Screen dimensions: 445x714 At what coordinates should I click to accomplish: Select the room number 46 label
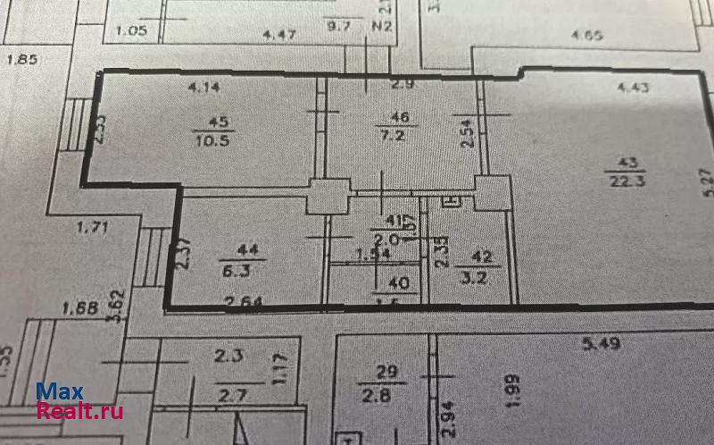[x=400, y=117]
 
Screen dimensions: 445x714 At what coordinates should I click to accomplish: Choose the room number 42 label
[x=483, y=256]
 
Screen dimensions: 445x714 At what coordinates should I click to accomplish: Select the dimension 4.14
[x=203, y=88]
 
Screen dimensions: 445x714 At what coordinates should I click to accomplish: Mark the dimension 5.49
[x=601, y=343]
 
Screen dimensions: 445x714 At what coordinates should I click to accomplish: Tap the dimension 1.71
[x=92, y=228]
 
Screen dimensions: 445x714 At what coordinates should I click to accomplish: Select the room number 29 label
[x=385, y=371]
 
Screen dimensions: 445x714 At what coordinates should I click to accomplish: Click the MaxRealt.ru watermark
[x=79, y=402]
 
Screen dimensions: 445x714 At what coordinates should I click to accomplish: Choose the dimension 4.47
[x=278, y=35]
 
